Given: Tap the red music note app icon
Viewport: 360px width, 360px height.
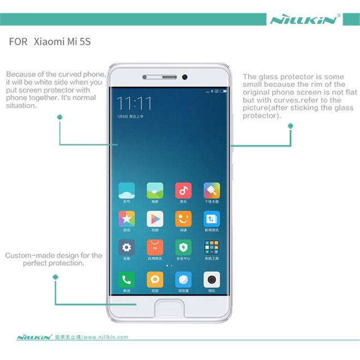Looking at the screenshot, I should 183,190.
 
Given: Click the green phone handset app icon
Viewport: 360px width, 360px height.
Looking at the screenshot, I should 127,280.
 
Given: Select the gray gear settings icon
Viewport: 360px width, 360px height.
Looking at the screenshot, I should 127,247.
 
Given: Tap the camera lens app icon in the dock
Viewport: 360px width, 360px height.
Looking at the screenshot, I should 212,280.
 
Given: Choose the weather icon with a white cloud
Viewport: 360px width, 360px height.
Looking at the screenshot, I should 127,190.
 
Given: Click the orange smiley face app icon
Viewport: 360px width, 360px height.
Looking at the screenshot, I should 183,219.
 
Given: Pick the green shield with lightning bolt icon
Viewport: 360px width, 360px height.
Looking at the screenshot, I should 183,247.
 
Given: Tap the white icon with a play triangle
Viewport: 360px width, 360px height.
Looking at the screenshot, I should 155,219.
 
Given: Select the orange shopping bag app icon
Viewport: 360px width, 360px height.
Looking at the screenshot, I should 155,247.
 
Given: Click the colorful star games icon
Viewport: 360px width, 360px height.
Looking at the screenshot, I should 127,219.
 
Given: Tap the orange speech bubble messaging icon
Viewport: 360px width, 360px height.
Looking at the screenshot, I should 155,280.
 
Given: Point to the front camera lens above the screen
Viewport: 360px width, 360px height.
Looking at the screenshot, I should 185,76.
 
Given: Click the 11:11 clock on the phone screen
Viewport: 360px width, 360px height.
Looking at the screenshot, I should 134,103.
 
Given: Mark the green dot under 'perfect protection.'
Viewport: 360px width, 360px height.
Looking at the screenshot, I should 55,278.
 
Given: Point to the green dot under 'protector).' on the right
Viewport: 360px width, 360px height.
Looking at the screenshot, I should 290,126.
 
